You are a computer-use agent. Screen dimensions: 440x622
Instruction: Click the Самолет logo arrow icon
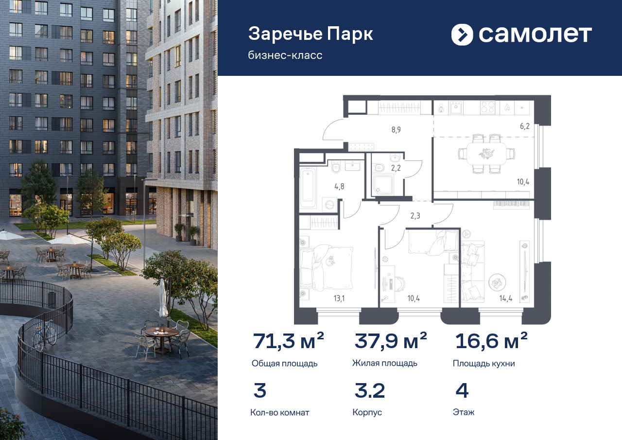pyautogui.click(x=462, y=35)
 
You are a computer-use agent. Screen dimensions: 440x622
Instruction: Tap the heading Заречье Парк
pyautogui.click(x=311, y=34)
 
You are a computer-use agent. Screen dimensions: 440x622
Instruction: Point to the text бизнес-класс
pyautogui.click(x=285, y=55)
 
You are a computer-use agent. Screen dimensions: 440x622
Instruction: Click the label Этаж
pyautogui.click(x=464, y=412)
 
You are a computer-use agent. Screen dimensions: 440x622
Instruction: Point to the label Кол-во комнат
pyautogui.click(x=279, y=412)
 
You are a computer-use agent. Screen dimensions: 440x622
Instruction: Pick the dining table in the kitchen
pyautogui.click(x=486, y=154)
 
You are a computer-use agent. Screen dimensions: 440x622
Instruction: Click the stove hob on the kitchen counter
pyautogui.click(x=487, y=107)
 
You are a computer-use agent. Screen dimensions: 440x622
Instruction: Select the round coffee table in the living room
pyautogui.click(x=497, y=282)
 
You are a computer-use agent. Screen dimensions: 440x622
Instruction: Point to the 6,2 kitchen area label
pyautogui.click(x=524, y=125)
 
